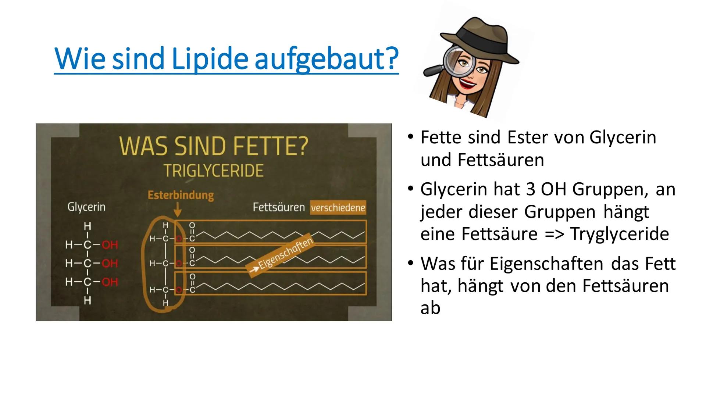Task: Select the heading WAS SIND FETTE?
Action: point(213,146)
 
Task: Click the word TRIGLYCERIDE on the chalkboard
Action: point(213,171)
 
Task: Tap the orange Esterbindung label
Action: point(181,195)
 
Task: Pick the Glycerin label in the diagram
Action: point(86,207)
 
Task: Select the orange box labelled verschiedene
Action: point(338,208)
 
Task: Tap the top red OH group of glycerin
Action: point(110,245)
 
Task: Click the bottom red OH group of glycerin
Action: point(110,282)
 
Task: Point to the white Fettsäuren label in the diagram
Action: point(279,208)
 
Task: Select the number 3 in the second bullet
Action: point(531,190)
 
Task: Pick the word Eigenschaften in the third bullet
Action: point(547,264)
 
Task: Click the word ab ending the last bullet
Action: point(430,308)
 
